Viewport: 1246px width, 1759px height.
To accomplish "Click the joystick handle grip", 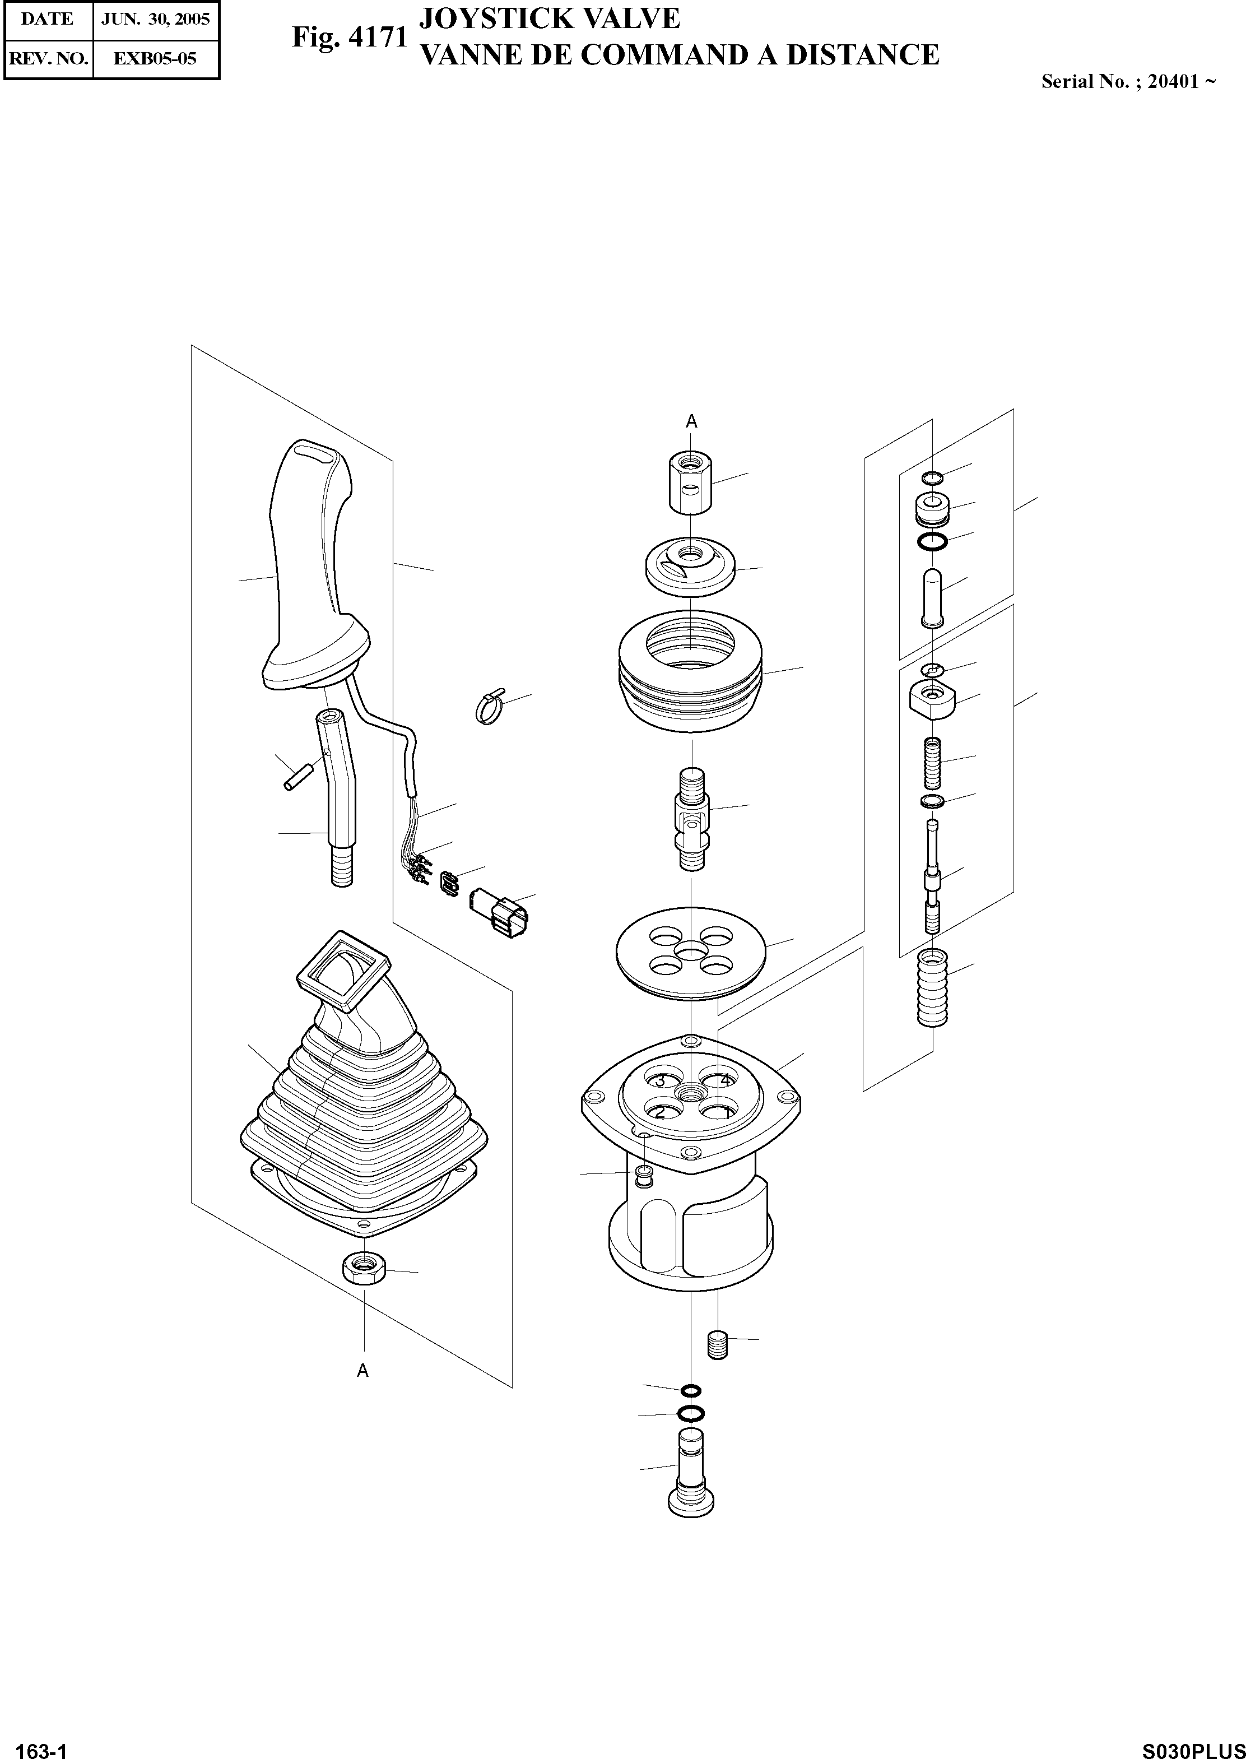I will point(307,568).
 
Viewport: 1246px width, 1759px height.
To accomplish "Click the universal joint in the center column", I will point(691,820).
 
